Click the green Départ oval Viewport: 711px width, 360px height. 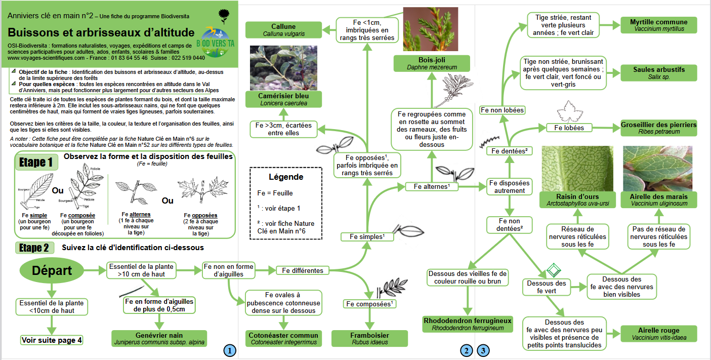tap(52, 270)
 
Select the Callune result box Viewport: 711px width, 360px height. tap(283, 30)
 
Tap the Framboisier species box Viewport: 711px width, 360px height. tap(369, 338)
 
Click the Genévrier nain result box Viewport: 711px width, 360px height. tap(159, 338)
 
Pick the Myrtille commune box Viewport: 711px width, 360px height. tap(659, 25)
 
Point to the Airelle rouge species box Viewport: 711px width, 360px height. tap(659, 334)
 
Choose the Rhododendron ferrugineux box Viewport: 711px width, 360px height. tap(468, 324)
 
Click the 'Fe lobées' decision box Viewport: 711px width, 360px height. tap(569, 128)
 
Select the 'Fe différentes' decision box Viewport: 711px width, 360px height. tap(303, 270)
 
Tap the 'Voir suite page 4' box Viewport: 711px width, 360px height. tap(52, 340)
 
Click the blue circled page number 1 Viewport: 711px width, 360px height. tap(230, 351)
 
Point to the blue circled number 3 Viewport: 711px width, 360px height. tap(483, 351)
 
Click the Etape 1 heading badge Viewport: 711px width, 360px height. tap(36, 162)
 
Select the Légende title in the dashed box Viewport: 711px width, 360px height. tap(286, 177)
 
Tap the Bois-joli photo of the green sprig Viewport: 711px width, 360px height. tap(431, 29)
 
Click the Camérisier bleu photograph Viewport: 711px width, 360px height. tap(283, 68)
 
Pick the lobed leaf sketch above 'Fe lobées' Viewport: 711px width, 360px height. tap(570, 112)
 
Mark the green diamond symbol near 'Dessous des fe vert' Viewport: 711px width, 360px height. tap(554, 270)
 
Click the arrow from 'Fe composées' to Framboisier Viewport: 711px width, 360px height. tap(369, 319)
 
